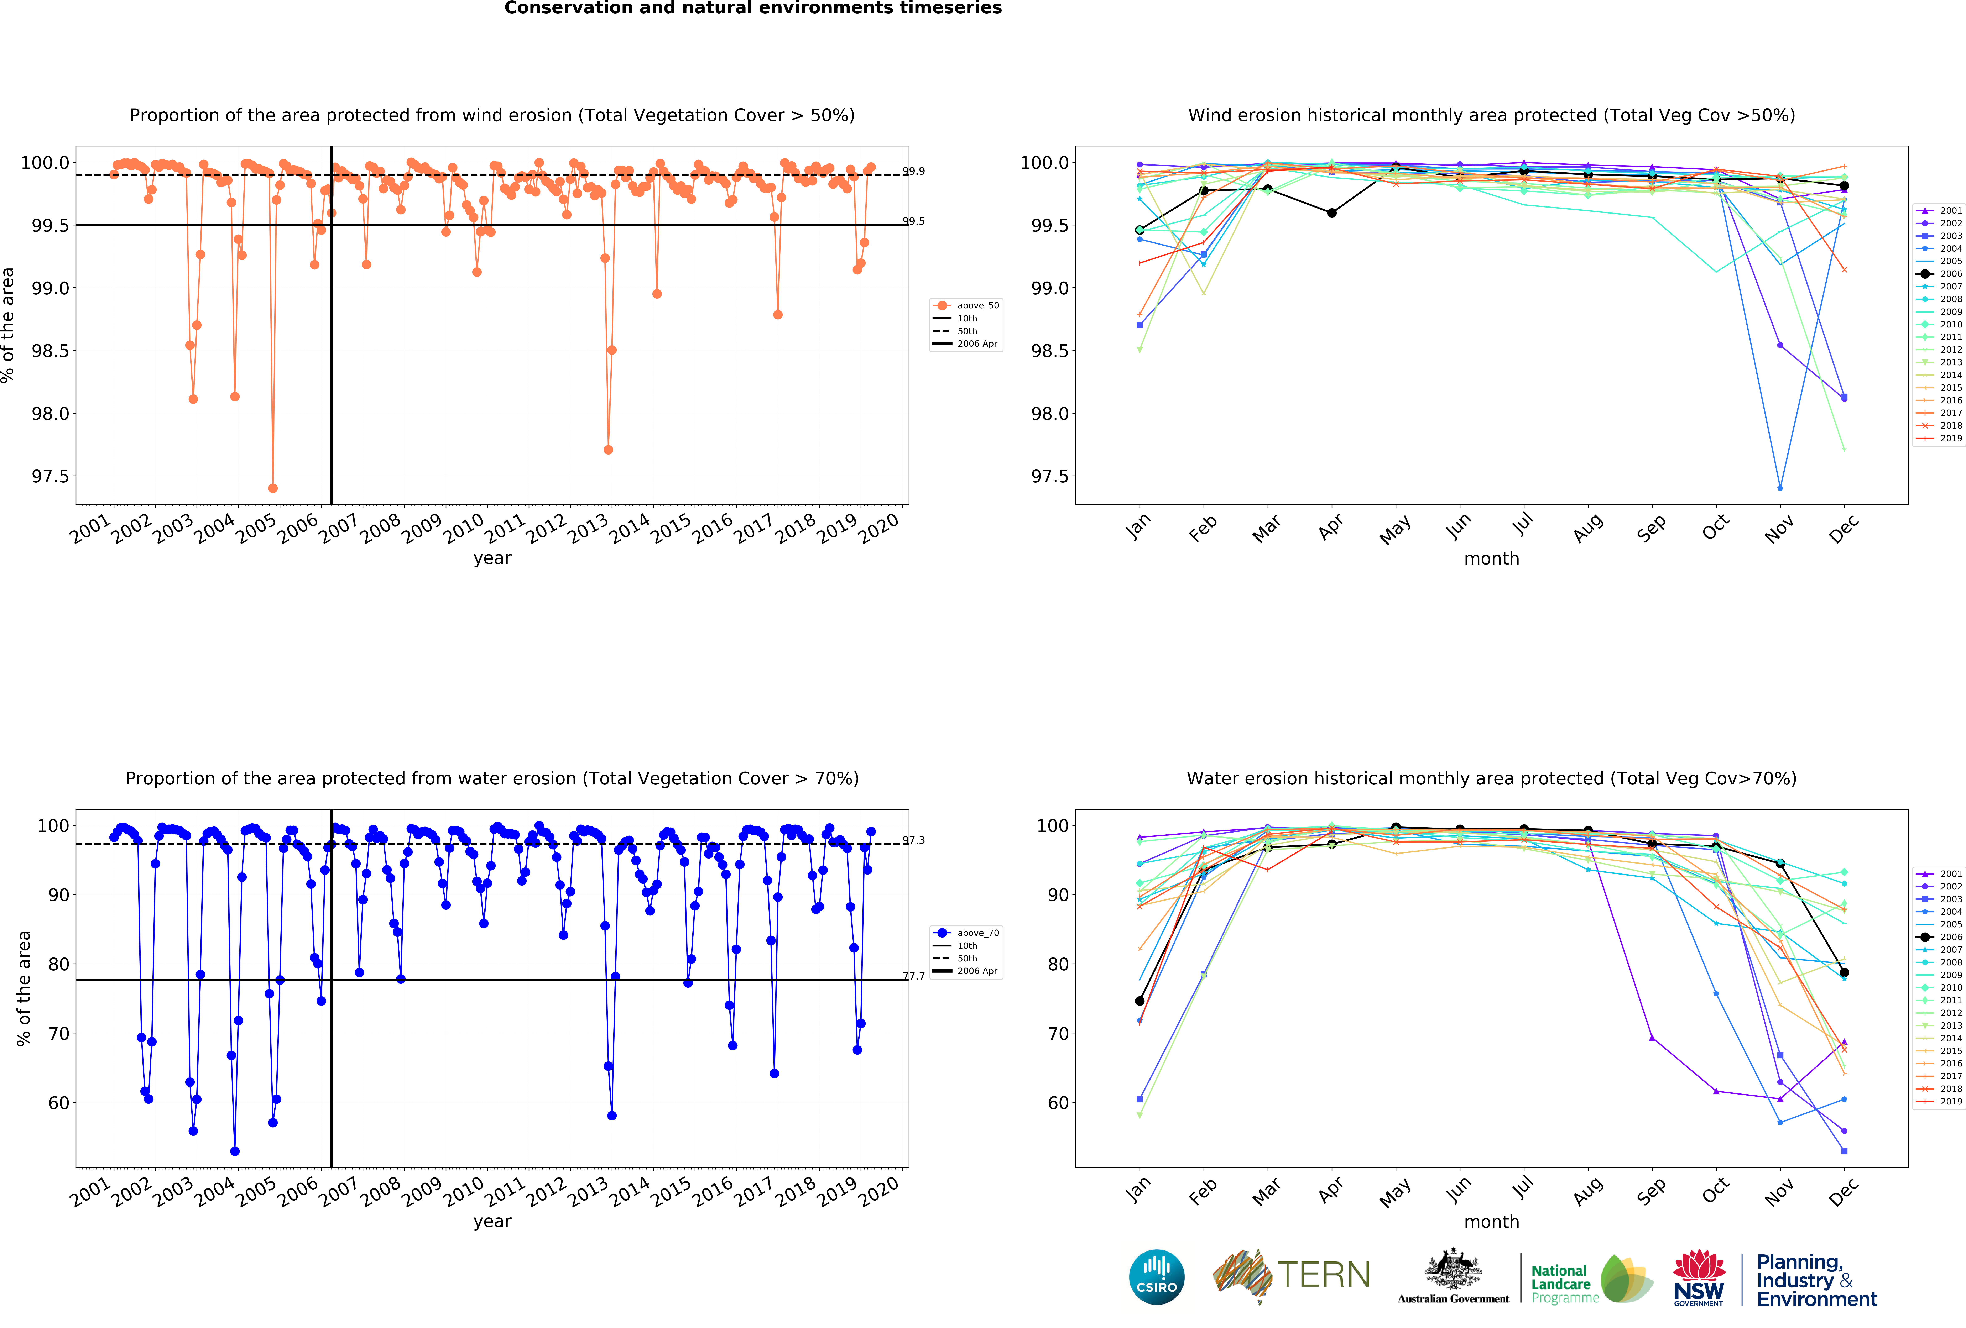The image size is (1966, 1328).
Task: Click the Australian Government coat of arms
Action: (x=1453, y=1269)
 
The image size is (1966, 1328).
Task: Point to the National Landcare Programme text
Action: (x=1564, y=1284)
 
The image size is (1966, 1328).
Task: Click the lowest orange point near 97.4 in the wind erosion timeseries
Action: (x=272, y=488)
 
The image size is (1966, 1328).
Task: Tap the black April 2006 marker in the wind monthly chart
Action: (x=1331, y=213)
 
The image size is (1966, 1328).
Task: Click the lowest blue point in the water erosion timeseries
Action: (x=234, y=1151)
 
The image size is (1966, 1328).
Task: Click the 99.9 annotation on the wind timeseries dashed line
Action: (x=914, y=171)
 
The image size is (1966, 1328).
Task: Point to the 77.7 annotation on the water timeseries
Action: (x=914, y=976)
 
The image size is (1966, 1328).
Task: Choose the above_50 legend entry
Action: (x=977, y=305)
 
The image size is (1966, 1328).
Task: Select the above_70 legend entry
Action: (x=977, y=933)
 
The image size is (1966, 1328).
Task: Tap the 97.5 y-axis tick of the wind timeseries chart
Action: (x=49, y=476)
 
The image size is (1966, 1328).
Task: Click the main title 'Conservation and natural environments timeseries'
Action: (x=753, y=9)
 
